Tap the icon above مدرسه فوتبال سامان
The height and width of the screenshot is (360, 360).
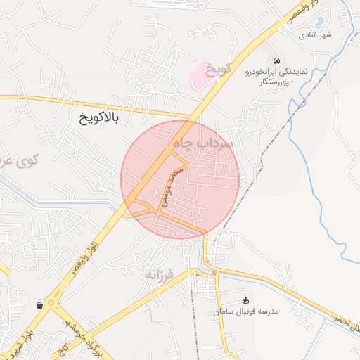245,300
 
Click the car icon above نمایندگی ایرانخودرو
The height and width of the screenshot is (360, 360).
278,60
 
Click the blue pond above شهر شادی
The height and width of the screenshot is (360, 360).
319,23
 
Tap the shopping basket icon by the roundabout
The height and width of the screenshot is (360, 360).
38,305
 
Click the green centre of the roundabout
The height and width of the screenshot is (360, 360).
50,304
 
